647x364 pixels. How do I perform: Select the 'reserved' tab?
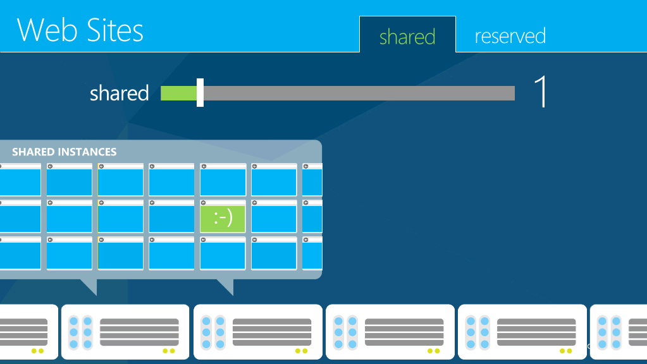click(x=510, y=36)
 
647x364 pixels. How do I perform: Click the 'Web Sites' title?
click(x=80, y=30)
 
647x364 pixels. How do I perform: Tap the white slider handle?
click(x=200, y=92)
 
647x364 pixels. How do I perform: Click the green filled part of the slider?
click(x=178, y=93)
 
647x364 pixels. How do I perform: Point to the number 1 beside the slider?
click(x=541, y=92)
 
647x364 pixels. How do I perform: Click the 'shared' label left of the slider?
click(x=120, y=93)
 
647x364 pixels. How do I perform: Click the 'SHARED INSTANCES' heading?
click(x=65, y=152)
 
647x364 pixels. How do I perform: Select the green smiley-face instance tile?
click(x=223, y=216)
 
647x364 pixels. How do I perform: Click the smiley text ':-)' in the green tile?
click(x=223, y=218)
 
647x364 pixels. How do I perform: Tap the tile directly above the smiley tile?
click(x=223, y=179)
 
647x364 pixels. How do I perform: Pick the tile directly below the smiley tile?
click(x=223, y=253)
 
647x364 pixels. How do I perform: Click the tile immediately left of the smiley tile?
click(x=171, y=216)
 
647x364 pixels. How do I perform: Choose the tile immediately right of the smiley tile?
click(x=274, y=216)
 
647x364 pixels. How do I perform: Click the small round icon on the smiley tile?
click(x=204, y=203)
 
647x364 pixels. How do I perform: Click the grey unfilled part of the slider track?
click(x=359, y=93)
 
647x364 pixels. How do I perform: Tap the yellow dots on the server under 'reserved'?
click(x=565, y=351)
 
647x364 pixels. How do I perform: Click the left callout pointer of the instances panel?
click(x=89, y=286)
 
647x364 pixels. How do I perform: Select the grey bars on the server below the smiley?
click(x=272, y=332)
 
